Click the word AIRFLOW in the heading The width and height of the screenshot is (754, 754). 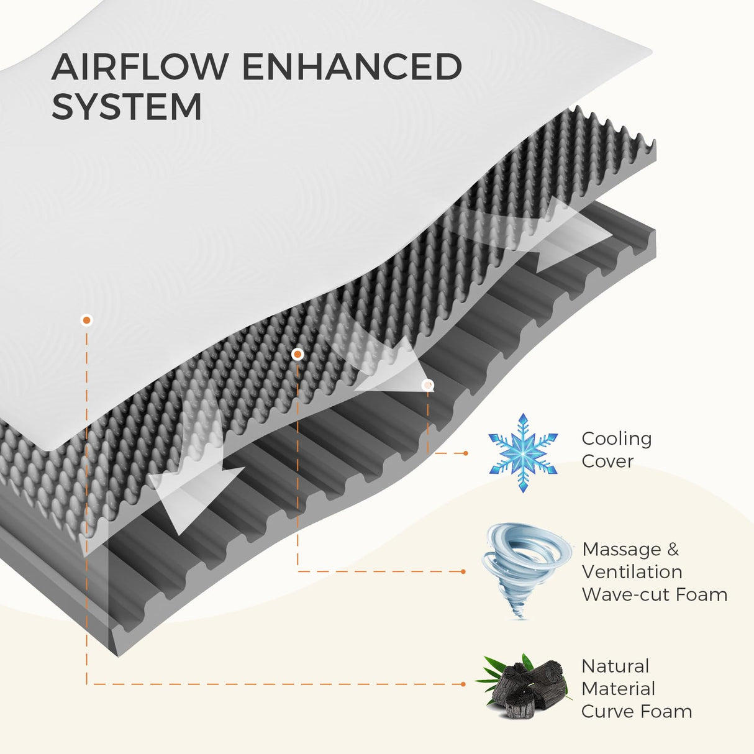point(140,67)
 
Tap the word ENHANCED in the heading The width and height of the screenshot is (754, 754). point(352,67)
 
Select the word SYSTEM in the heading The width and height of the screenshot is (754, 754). point(127,107)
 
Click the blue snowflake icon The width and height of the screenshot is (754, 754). point(523,453)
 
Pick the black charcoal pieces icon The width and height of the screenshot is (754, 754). point(525,686)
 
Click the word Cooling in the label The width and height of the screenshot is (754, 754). point(616,438)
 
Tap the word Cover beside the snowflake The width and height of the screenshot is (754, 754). point(607,461)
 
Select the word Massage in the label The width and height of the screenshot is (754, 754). point(622,550)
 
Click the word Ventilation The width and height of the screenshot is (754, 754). point(632,572)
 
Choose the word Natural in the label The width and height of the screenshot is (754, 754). point(615,666)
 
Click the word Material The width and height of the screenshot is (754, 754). point(618,689)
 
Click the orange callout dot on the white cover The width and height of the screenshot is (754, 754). point(87,320)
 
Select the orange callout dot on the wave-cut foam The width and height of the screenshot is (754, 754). point(298,354)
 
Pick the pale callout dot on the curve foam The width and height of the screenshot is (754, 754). point(427,385)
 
